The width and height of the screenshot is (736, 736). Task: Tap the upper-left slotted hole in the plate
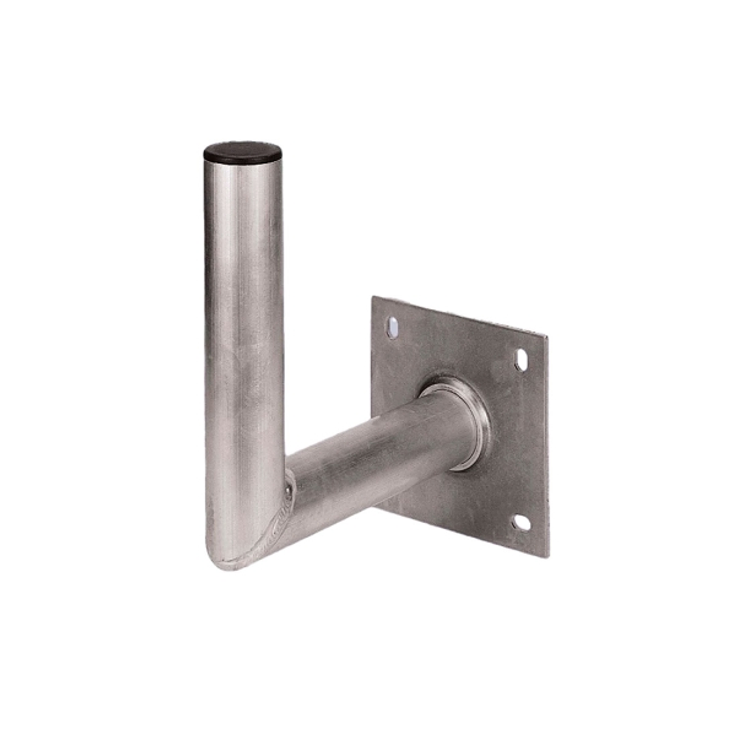coord(392,327)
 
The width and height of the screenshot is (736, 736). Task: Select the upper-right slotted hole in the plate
coord(520,359)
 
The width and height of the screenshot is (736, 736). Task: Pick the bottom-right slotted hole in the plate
coord(521,523)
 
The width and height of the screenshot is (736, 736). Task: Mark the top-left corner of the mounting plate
coord(373,297)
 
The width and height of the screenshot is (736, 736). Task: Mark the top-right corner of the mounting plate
coord(546,336)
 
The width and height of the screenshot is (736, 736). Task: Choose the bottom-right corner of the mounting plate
coord(547,556)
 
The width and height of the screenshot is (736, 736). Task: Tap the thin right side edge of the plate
coord(548,443)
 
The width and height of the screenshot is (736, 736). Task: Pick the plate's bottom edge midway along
coord(464,533)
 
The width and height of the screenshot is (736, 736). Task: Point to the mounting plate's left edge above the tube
coord(372,355)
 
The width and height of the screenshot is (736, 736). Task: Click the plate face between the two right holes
coord(522,443)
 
